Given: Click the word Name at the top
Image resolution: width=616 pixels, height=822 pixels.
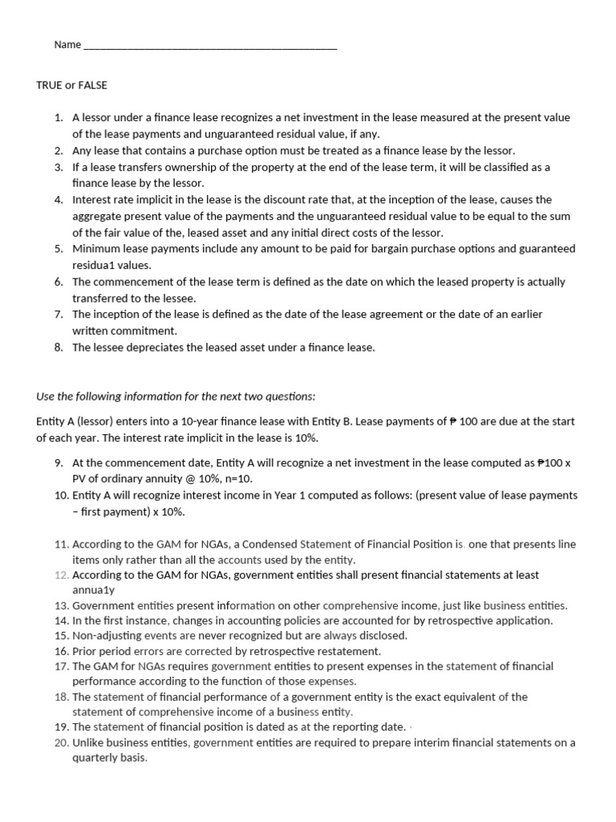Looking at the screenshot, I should click(67, 45).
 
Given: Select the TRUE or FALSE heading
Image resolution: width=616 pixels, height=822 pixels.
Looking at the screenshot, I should click(71, 85).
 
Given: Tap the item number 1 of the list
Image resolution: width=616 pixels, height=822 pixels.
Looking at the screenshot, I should click(59, 117).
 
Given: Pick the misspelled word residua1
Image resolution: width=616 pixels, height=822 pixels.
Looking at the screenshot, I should click(95, 265).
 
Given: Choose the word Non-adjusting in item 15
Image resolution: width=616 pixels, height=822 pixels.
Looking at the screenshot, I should click(103, 636).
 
